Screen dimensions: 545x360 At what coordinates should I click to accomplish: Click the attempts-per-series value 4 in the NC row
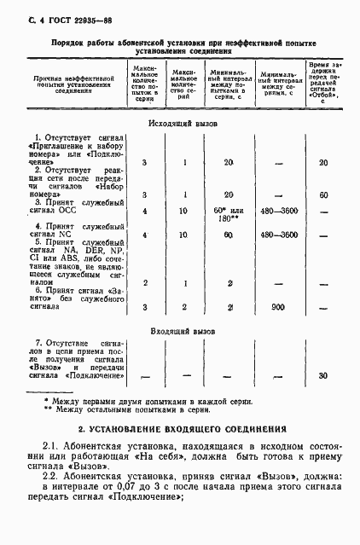145,235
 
